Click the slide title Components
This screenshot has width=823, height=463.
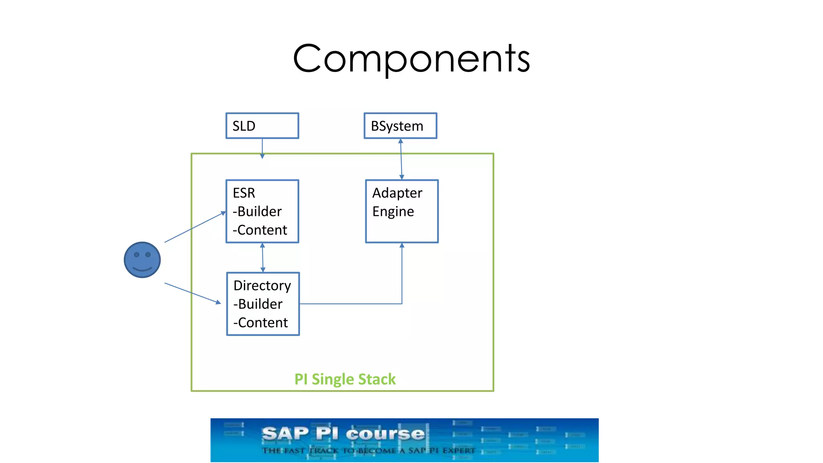tap(411, 58)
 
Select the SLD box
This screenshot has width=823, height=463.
tap(262, 126)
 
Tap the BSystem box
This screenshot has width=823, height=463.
tap(400, 126)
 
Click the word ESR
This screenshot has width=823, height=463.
tap(244, 193)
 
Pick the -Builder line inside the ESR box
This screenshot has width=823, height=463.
tap(257, 211)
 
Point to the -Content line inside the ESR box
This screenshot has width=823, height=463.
tap(260, 230)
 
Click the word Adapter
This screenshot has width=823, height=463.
tap(397, 193)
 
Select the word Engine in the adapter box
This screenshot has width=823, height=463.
tap(393, 212)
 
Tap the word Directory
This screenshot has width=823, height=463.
tap(262, 285)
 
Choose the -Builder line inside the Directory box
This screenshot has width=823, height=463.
tap(258, 304)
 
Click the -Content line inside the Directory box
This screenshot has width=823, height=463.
tap(261, 323)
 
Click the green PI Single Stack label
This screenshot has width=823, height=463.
tap(345, 379)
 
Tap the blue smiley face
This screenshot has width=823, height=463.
tap(142, 260)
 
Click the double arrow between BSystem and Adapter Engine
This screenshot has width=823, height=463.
tap(401, 159)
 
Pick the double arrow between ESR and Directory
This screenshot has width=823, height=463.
tap(263, 258)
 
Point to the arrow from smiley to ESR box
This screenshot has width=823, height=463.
tap(195, 227)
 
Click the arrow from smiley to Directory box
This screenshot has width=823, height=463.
tap(192, 293)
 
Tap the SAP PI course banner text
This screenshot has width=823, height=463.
tap(344, 434)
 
